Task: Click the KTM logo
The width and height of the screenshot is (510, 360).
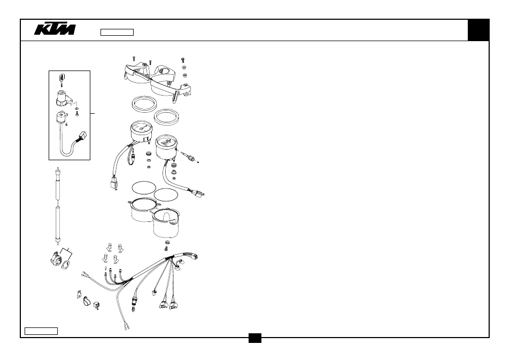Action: tap(55, 29)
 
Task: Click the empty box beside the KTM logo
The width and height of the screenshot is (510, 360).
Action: tap(117, 32)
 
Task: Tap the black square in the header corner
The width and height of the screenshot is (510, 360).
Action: tap(478, 30)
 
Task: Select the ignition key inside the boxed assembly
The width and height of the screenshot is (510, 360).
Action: tap(62, 80)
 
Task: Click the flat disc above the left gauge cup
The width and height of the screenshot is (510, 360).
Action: tap(144, 188)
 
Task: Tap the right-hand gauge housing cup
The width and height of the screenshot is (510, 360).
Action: tap(166, 223)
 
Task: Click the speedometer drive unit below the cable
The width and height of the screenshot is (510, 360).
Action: tap(57, 259)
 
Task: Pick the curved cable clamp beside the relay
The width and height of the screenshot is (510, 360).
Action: tap(87, 301)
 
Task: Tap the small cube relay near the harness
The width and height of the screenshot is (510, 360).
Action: tap(97, 305)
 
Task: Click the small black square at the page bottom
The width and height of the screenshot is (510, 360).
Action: tap(255, 338)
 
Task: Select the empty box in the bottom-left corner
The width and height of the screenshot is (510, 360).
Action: tap(41, 331)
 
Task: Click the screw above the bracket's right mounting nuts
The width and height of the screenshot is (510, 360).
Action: tap(183, 60)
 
